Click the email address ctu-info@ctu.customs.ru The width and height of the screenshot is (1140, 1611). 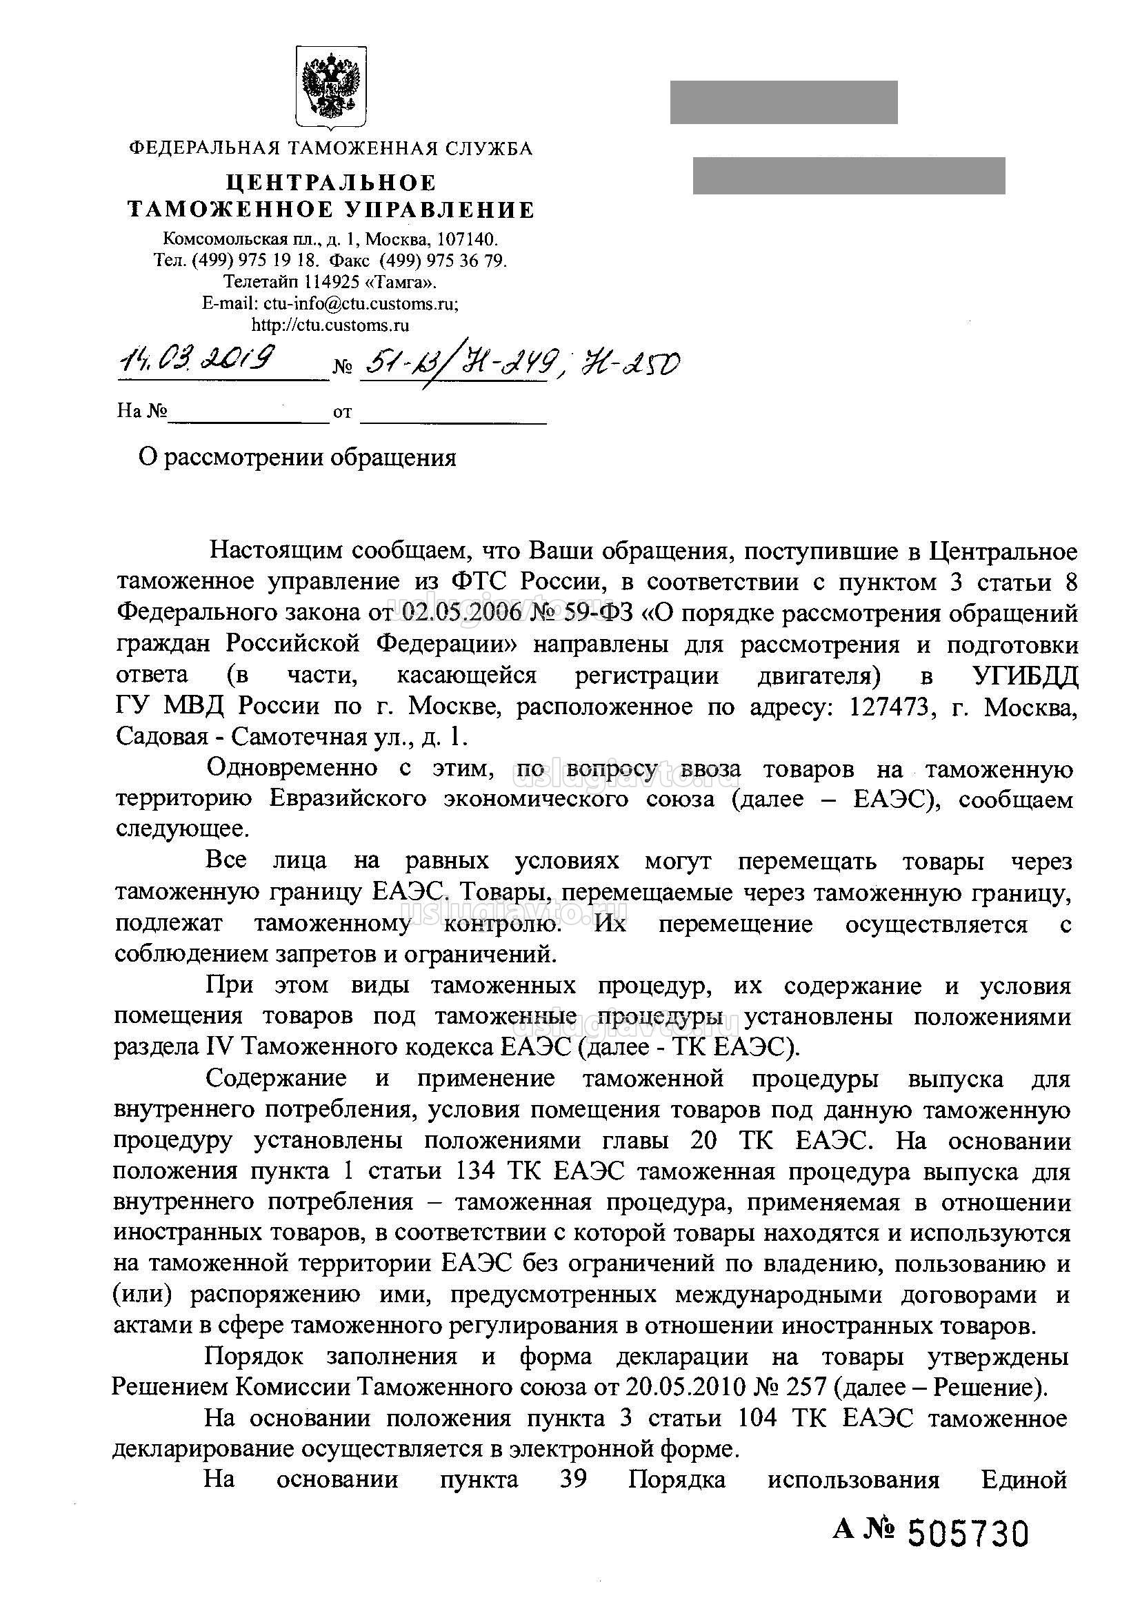359,303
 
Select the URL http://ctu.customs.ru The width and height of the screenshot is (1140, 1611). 330,325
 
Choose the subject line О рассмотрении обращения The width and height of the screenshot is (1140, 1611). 298,458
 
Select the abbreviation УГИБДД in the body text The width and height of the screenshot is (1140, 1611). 1024,675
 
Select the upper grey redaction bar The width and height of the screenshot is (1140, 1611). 783,103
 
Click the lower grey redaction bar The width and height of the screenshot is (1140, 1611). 849,175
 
